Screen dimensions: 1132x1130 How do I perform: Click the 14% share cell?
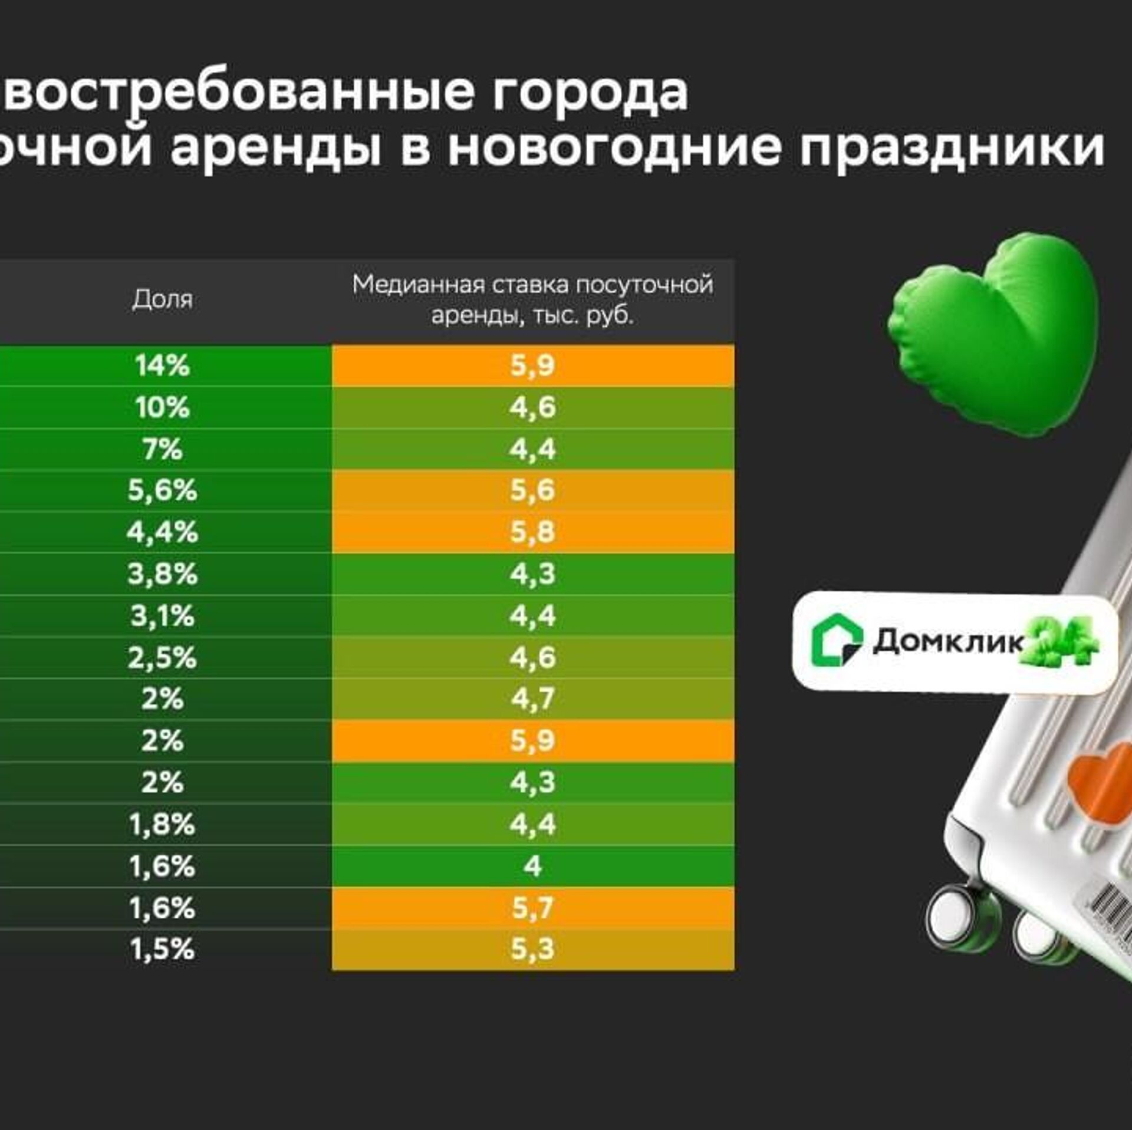(x=162, y=365)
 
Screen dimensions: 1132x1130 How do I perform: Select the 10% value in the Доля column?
(x=162, y=407)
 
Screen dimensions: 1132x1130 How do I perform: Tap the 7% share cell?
(x=162, y=449)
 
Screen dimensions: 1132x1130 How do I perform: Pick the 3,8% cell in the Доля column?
(x=162, y=574)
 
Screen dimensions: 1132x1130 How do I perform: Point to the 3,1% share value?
(x=162, y=616)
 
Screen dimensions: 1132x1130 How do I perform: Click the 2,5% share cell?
(x=162, y=658)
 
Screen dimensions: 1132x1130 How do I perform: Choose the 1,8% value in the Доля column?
(x=162, y=824)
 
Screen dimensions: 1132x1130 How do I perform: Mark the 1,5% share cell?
(x=162, y=949)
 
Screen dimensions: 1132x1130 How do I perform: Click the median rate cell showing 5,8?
(x=532, y=532)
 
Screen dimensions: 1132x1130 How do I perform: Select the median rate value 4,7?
(x=532, y=699)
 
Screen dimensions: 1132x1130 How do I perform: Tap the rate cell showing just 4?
(x=532, y=866)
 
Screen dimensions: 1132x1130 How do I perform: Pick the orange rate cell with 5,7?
(x=532, y=908)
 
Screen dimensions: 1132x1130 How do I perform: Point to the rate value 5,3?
(x=532, y=949)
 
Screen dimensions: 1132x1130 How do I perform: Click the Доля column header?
(x=162, y=299)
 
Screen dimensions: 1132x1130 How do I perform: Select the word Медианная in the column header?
(x=419, y=285)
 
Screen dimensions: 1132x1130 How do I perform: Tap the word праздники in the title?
(x=952, y=147)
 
